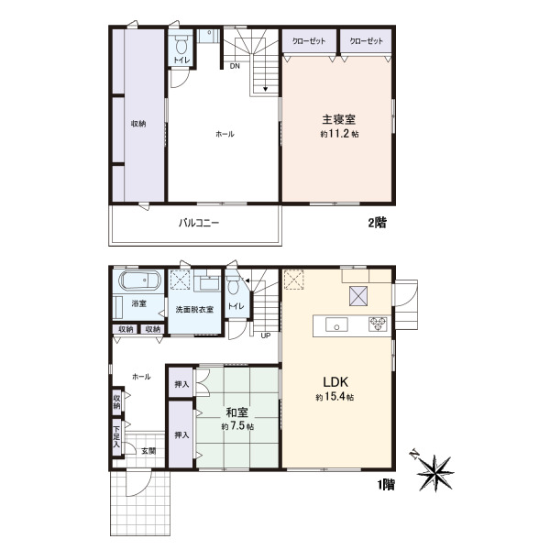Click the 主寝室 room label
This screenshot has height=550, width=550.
(338, 119)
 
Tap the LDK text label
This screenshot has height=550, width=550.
(335, 381)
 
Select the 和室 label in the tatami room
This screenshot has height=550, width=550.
(237, 412)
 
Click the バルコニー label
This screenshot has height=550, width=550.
(199, 223)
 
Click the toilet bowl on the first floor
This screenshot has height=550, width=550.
(233, 286)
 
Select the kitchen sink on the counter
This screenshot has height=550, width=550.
(336, 324)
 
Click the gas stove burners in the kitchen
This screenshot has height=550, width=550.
(378, 324)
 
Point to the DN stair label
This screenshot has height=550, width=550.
(235, 66)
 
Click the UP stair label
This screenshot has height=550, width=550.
(266, 335)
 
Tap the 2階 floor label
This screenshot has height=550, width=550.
(377, 223)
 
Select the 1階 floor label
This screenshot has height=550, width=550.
(386, 484)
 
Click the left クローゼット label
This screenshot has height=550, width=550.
(309, 41)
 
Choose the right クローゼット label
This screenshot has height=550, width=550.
(366, 41)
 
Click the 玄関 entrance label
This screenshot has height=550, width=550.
(148, 451)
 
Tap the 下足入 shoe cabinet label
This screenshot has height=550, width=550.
(116, 437)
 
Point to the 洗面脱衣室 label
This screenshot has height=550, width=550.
(194, 310)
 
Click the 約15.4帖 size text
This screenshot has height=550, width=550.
(335, 397)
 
